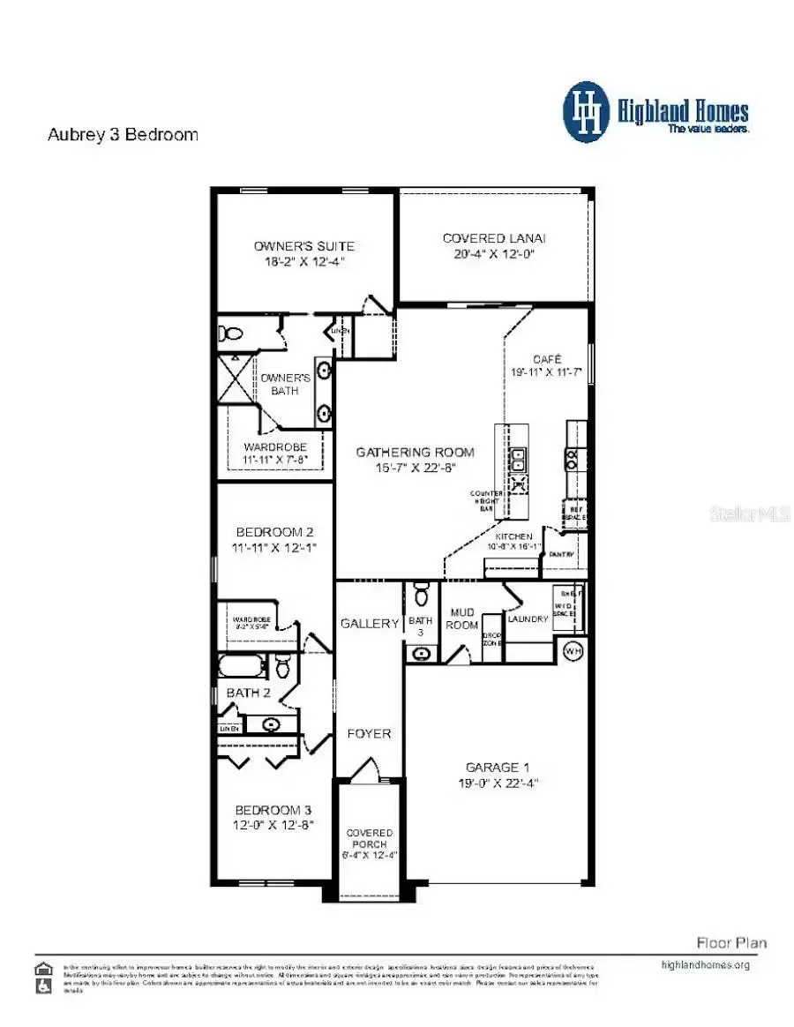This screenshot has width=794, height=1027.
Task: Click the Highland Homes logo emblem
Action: (586, 112)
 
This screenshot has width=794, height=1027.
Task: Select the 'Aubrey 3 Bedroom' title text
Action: (122, 135)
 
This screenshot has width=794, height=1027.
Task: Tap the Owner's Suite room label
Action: (304, 245)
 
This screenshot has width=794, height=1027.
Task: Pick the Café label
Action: (546, 360)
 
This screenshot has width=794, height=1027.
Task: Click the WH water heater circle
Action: (573, 651)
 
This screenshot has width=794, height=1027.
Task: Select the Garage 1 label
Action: (494, 767)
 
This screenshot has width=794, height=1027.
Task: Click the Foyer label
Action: (369, 733)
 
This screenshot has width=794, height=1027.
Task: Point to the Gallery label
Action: (369, 623)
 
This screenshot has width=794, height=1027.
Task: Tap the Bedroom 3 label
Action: (273, 810)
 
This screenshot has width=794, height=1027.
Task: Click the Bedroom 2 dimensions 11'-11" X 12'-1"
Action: (273, 548)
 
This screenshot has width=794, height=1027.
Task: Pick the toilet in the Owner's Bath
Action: (232, 334)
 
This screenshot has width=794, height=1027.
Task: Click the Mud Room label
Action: (463, 618)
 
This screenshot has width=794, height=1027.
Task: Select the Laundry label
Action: (528, 619)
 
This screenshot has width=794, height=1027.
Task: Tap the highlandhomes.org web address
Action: (705, 964)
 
